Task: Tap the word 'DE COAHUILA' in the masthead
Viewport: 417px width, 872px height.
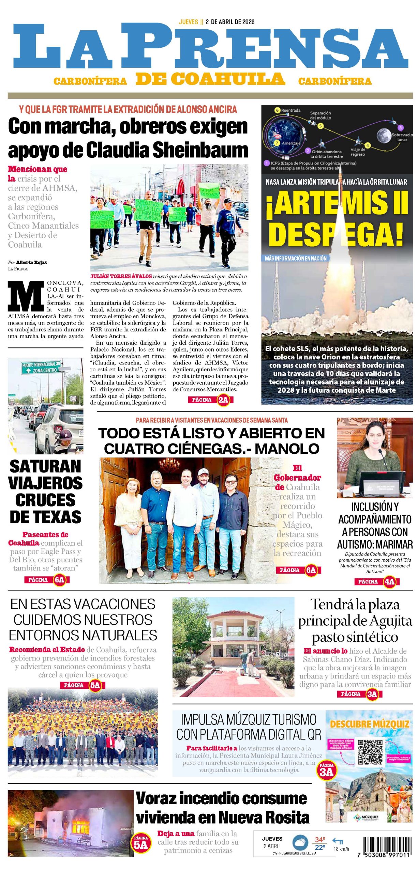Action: click(x=210, y=79)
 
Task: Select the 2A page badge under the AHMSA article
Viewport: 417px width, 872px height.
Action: click(x=223, y=400)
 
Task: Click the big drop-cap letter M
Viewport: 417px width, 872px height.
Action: click(x=26, y=296)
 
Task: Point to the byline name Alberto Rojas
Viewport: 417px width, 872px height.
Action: click(x=31, y=262)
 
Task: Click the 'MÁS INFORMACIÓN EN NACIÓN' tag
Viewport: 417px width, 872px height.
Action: click(x=295, y=258)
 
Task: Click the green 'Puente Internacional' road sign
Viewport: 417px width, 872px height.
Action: click(x=41, y=367)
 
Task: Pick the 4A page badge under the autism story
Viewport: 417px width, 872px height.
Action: click(x=389, y=581)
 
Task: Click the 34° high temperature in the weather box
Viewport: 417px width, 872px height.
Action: click(x=320, y=840)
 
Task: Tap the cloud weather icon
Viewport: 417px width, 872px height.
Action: click(x=300, y=842)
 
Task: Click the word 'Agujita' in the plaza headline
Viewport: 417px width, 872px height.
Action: click(x=391, y=621)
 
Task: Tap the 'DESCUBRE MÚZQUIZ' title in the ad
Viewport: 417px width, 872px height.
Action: click(x=369, y=724)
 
